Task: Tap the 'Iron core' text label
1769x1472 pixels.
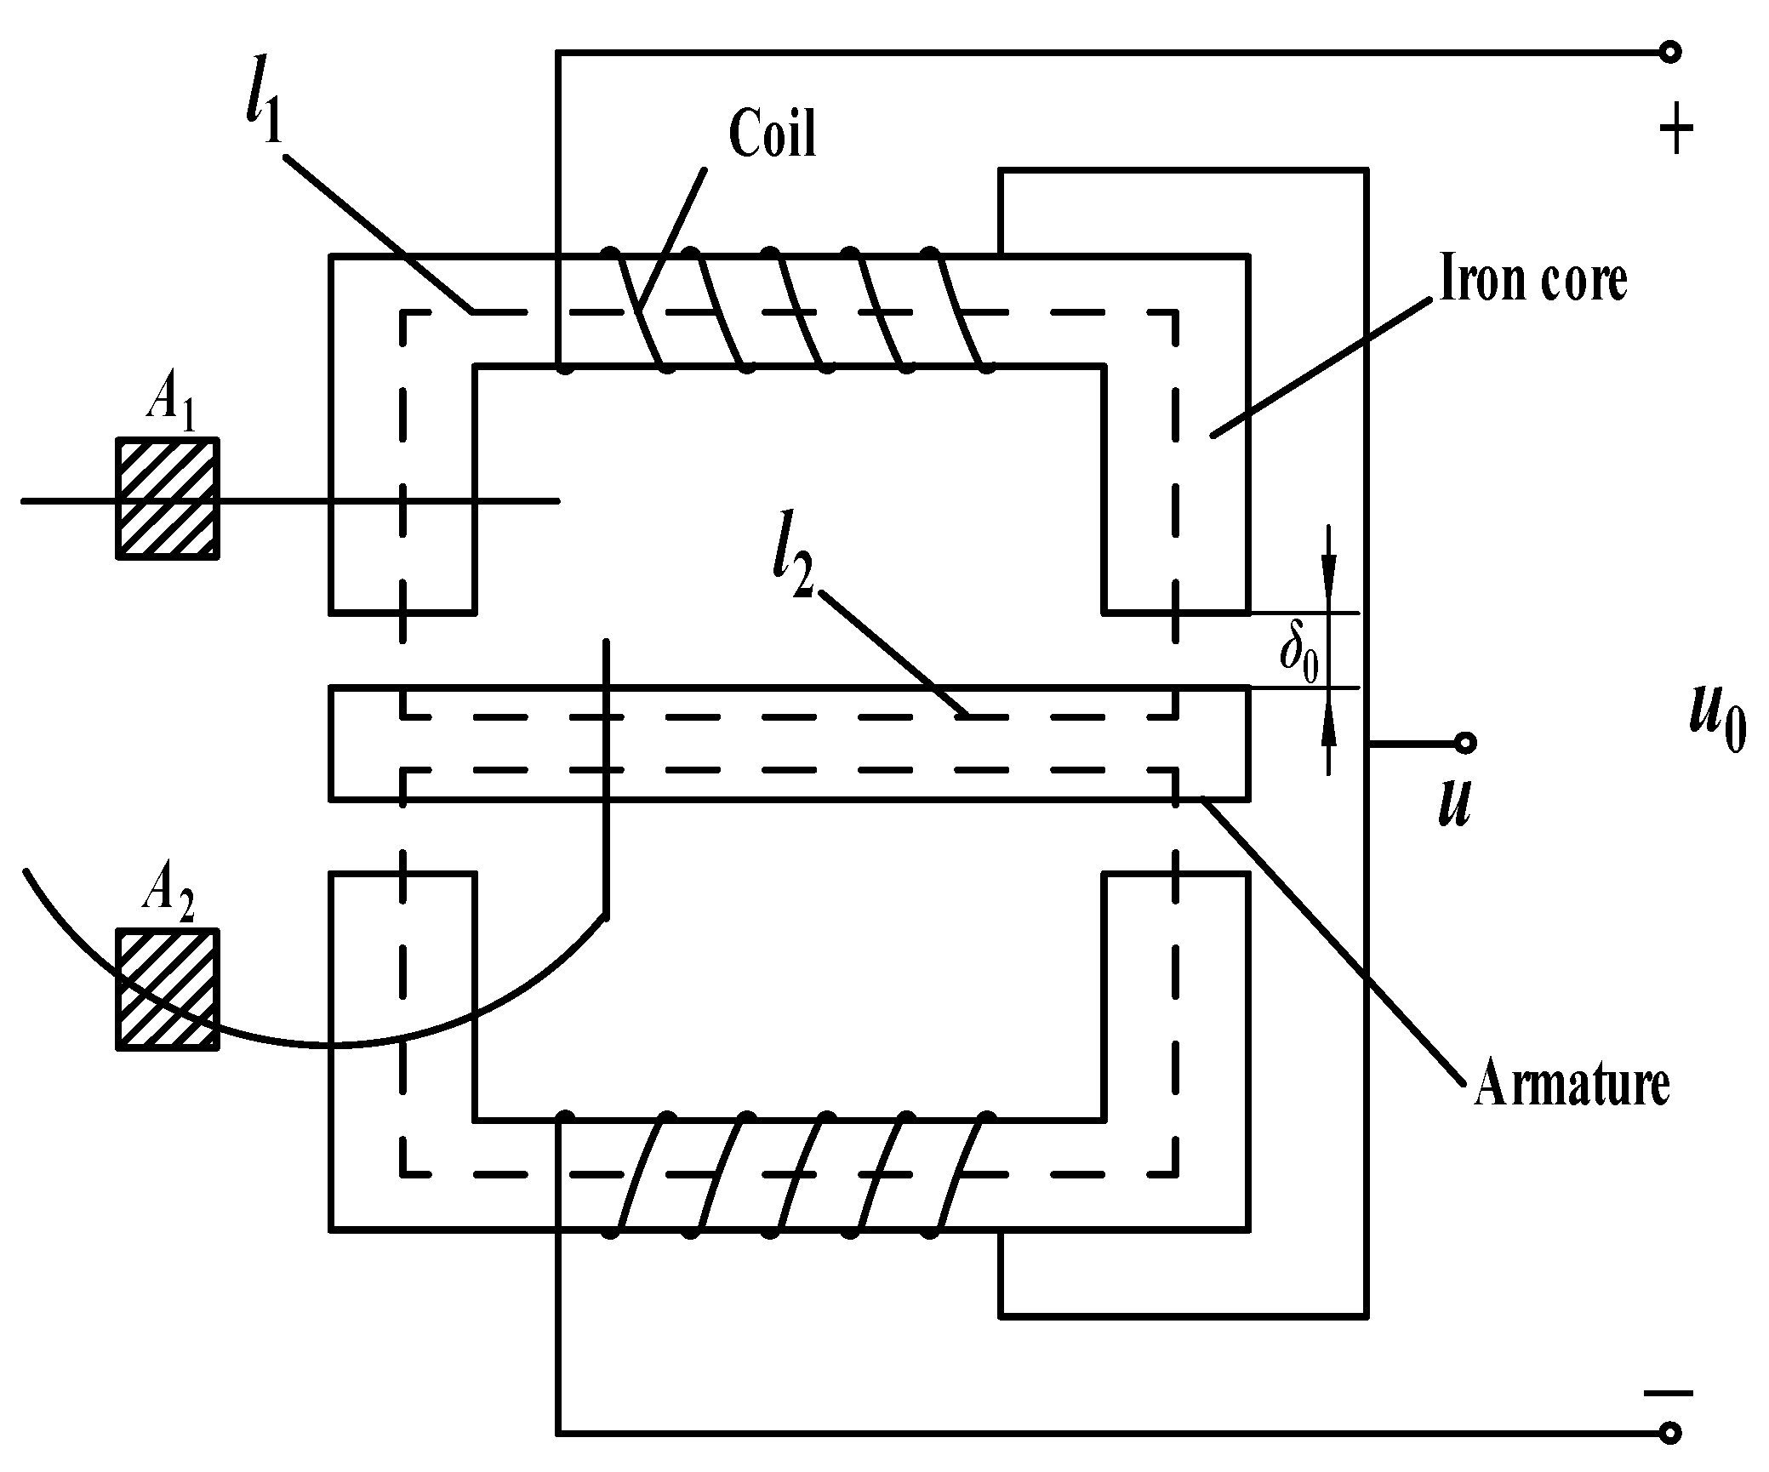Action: tap(1532, 279)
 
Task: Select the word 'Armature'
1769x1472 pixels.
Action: tap(1571, 1083)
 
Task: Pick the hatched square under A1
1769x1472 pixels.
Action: tap(168, 498)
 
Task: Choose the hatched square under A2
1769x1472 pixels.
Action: tap(168, 989)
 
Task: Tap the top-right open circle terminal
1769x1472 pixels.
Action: tap(1669, 53)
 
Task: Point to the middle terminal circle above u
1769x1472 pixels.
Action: tap(1464, 744)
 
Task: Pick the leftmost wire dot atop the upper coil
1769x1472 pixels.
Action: tap(609, 253)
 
